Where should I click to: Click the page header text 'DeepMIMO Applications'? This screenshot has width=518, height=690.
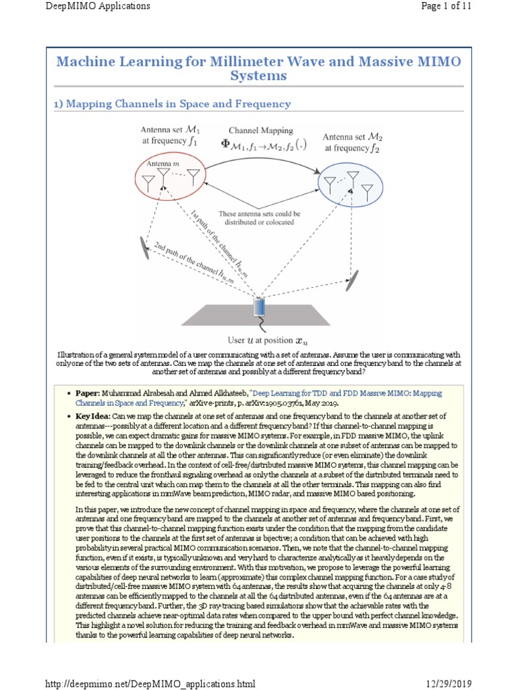point(97,6)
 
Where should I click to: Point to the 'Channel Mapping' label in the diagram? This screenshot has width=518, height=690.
point(260,130)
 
